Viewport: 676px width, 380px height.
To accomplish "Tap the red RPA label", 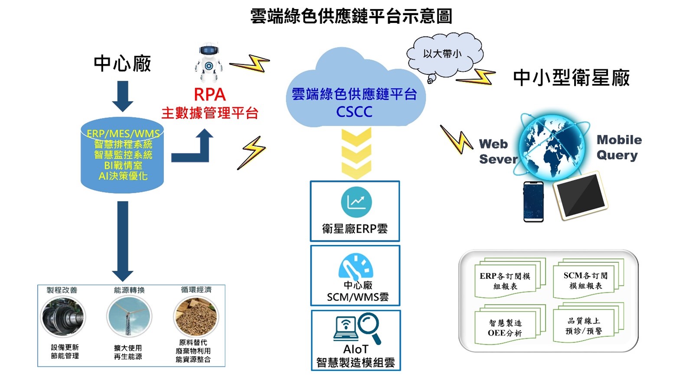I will tap(209, 94).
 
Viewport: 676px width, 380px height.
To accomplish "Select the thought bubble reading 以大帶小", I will tap(443, 54).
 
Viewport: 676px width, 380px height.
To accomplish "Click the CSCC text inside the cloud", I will tap(354, 112).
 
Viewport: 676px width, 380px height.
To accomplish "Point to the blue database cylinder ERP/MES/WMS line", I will tap(123, 133).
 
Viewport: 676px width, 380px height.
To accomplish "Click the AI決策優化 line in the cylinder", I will tap(123, 176).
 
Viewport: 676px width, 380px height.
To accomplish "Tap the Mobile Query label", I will tap(618, 147).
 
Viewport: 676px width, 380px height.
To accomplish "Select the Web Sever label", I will tap(497, 152).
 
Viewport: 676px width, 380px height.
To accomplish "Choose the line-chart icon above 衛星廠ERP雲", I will tap(356, 201).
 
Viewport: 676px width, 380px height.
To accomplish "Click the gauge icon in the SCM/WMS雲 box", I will tap(356, 266).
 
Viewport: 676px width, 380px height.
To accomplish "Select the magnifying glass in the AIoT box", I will tap(369, 327).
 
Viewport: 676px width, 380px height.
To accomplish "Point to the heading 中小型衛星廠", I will tap(571, 78).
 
